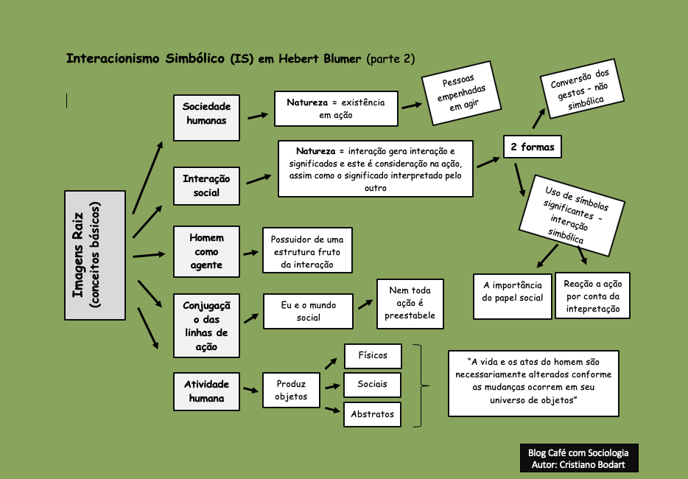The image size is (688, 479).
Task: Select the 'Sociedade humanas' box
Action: [207, 117]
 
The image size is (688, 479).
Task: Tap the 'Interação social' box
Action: [207, 186]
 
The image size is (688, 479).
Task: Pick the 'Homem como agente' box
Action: [207, 251]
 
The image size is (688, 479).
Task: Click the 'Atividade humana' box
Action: [207, 391]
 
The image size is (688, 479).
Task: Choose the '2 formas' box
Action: [532, 147]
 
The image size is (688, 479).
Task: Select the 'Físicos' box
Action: [372, 356]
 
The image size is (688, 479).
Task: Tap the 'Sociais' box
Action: [372, 385]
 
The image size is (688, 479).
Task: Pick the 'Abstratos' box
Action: [372, 414]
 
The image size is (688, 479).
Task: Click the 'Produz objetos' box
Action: [291, 390]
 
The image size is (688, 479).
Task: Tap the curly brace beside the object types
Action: [420, 385]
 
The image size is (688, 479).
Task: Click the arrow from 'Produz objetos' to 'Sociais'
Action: [332, 385]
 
